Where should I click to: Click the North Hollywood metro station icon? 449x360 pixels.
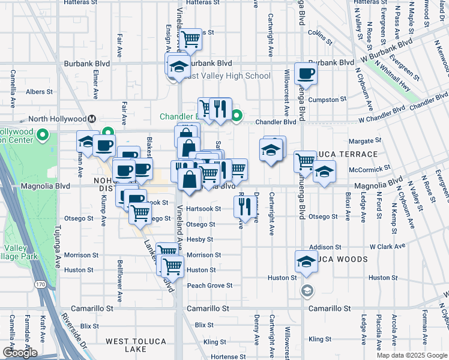click(92, 118)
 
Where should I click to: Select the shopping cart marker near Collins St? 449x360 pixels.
click(191, 40)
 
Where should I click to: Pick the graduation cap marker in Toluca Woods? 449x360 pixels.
click(306, 262)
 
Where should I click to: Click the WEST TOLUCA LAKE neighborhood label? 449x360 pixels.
click(136, 345)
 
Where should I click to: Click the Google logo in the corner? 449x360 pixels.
click(20, 353)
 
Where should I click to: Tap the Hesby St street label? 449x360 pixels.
click(200, 239)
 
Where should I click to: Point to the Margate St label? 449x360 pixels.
click(365, 141)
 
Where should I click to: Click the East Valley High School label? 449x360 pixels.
click(227, 76)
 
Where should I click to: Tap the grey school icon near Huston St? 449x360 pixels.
click(307, 291)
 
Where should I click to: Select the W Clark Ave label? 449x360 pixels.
click(387, 247)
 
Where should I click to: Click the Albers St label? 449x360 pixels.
click(39, 92)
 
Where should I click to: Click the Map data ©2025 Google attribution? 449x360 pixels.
click(412, 355)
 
